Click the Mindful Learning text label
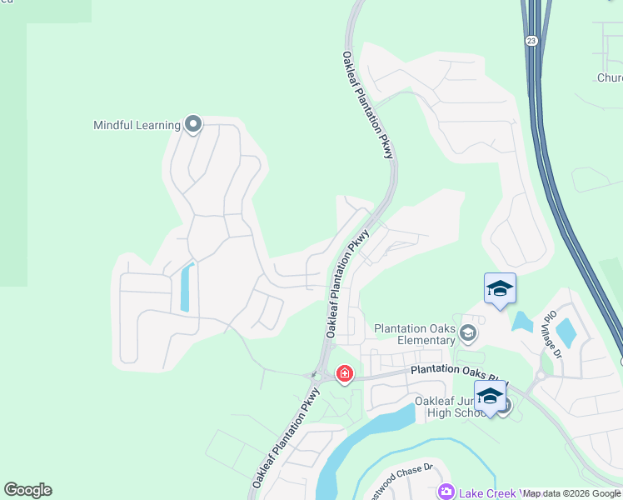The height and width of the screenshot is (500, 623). tap(137, 126)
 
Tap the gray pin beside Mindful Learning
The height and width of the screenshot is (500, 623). tap(193, 125)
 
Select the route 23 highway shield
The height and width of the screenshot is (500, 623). tap(531, 40)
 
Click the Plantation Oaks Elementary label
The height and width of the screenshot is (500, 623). tap(414, 334)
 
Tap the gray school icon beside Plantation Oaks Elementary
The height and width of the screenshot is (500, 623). tap(467, 334)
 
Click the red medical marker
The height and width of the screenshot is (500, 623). tap(344, 374)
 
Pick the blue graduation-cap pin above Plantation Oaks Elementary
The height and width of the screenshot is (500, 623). tap(500, 289)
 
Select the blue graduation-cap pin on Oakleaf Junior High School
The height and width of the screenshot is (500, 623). tap(490, 397)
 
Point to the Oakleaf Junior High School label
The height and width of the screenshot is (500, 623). tap(450, 407)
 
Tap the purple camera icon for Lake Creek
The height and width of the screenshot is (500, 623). tap(446, 492)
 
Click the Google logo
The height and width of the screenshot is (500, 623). tap(27, 490)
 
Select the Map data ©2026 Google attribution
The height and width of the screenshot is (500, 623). tap(571, 493)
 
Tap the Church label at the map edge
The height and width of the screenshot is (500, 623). tap(610, 78)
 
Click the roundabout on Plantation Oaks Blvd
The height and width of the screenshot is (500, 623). tap(540, 375)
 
